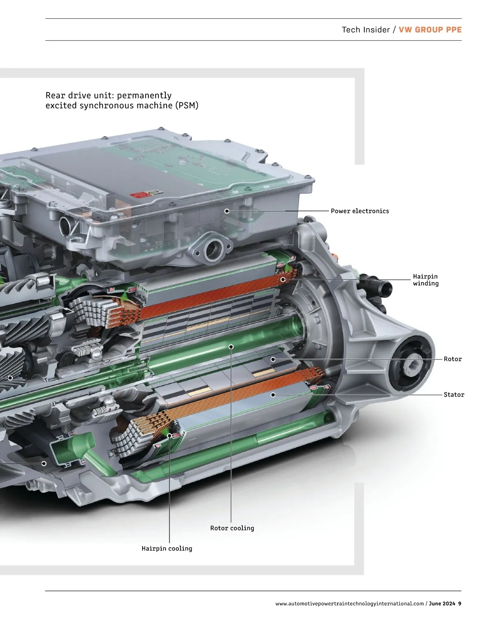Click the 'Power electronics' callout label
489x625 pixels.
click(x=359, y=211)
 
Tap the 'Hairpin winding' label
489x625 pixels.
click(x=426, y=280)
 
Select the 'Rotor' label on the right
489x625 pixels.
click(x=452, y=359)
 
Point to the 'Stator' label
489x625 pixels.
click(x=454, y=395)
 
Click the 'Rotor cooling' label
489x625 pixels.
click(x=232, y=528)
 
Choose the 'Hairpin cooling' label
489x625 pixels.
click(x=167, y=548)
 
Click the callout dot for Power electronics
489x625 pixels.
click(x=227, y=211)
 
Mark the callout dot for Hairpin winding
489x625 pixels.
click(x=283, y=279)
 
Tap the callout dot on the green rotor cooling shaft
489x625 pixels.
click(x=231, y=347)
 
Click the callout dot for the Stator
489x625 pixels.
click(x=273, y=395)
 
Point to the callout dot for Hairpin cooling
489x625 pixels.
click(x=170, y=436)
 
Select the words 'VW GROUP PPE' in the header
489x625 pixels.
click(x=430, y=30)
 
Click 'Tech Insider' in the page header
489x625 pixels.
click(x=366, y=30)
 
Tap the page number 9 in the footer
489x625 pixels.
click(x=460, y=603)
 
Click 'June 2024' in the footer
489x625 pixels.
click(x=442, y=603)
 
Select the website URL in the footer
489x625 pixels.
click(x=349, y=603)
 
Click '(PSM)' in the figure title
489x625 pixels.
click(x=187, y=105)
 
